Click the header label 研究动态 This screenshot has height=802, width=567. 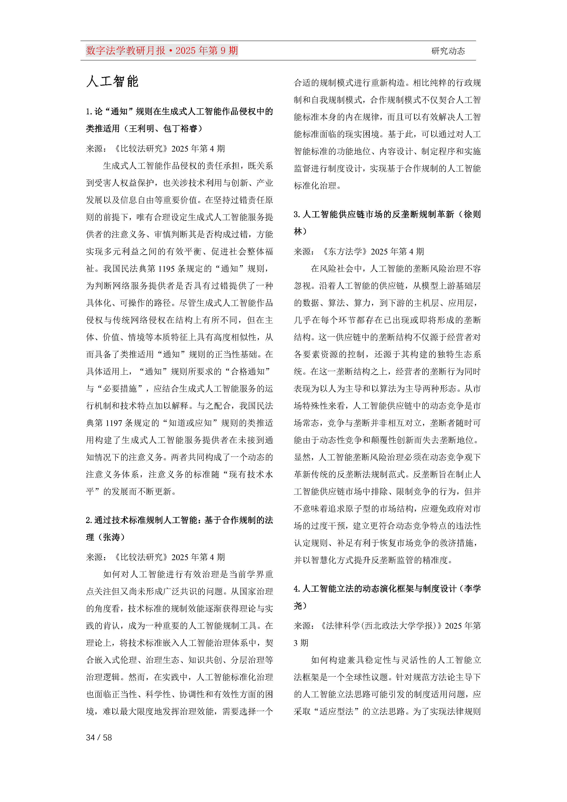pyautogui.click(x=448, y=51)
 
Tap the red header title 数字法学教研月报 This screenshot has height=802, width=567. pyautogui.click(x=126, y=51)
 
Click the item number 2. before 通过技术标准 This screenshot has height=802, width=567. pyautogui.click(x=89, y=520)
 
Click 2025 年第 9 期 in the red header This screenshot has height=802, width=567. pyautogui.click(x=206, y=51)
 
